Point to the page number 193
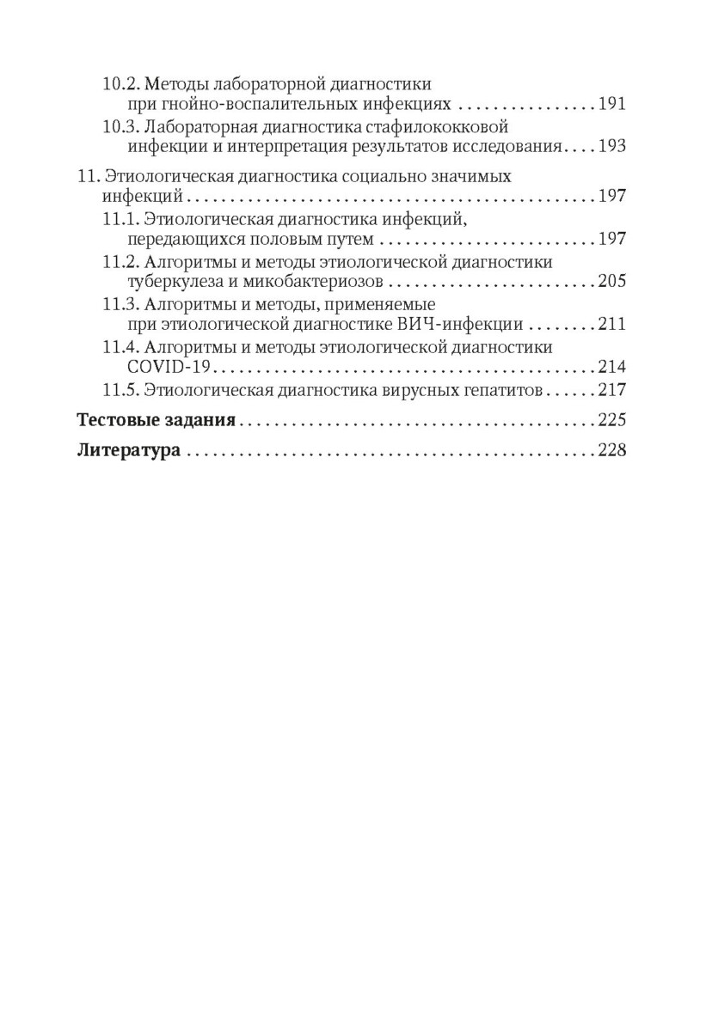pyautogui.click(x=611, y=147)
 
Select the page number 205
pyautogui.click(x=611, y=281)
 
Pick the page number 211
pyautogui.click(x=611, y=324)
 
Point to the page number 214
pyautogui.click(x=611, y=367)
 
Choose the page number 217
pyautogui.click(x=611, y=389)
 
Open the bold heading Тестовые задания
pyautogui.click(x=157, y=421)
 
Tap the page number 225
pyautogui.click(x=611, y=421)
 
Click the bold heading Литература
pyautogui.click(x=129, y=451)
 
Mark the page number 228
pyautogui.click(x=611, y=451)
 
